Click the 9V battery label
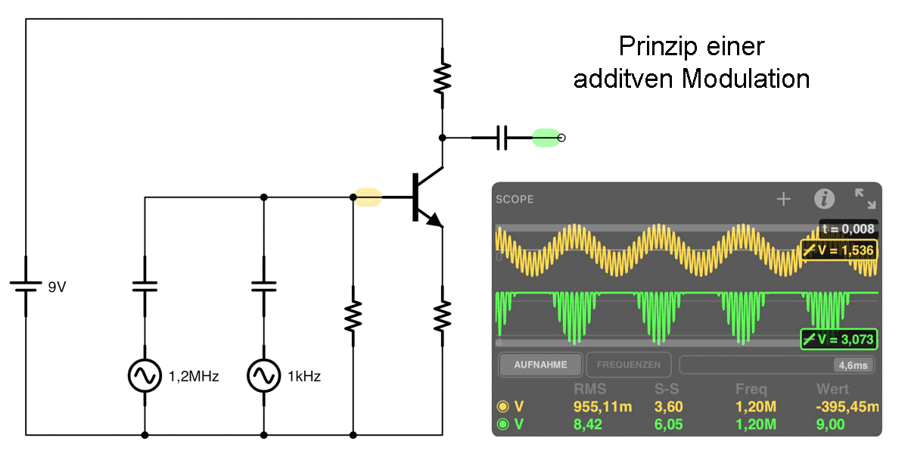tap(57, 287)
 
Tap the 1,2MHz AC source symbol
tap(145, 376)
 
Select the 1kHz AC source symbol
tap(264, 376)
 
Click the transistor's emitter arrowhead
tap(435, 220)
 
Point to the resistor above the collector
tap(442, 78)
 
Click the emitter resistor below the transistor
tap(442, 316)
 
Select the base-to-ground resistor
tap(353, 316)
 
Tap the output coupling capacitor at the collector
tap(502, 138)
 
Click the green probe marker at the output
tap(546, 138)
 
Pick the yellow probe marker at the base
tap(368, 197)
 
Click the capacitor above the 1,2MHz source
tap(145, 287)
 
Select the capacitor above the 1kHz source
tap(264, 287)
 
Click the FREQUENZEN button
tap(628, 365)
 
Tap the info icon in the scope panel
tap(825, 199)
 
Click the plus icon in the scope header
tap(784, 199)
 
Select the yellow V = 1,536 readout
tap(838, 250)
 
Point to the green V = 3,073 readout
tap(838, 339)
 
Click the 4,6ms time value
tap(853, 365)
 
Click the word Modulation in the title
tap(745, 78)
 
